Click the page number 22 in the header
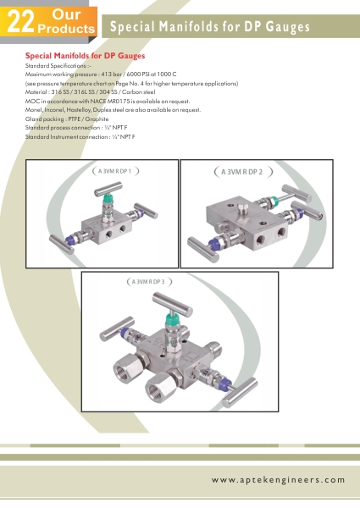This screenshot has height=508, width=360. coord(20,22)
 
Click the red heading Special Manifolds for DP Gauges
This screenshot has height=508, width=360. coord(85,56)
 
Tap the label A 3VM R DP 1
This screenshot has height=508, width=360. coord(114,171)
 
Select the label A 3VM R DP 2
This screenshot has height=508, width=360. coord(241,172)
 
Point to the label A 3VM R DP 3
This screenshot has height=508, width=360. coord(148,282)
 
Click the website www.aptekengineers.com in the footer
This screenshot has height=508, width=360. coord(278,480)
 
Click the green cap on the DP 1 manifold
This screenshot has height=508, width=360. coord(108,198)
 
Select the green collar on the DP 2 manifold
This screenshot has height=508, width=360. coord(274,201)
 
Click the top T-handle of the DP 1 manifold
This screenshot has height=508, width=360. coord(108,189)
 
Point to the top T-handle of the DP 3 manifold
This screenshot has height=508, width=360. coord(173,304)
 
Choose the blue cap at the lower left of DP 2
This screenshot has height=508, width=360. coord(213,244)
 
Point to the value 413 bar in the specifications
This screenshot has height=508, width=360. coord(112,75)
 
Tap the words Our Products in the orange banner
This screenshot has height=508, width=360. coord(66,21)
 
